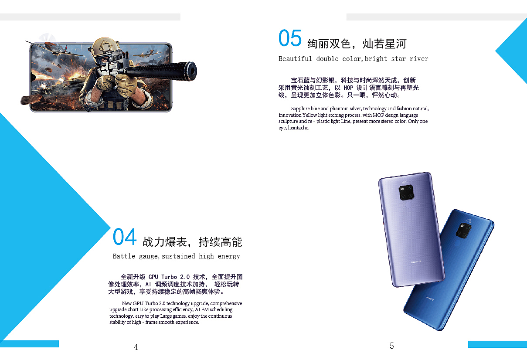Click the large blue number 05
(x=290, y=38)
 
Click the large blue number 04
(x=125, y=237)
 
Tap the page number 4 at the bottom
(x=136, y=347)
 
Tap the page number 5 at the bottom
(x=392, y=346)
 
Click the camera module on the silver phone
(x=407, y=192)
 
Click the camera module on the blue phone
(x=463, y=231)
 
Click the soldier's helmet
(x=105, y=48)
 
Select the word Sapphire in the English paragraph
(x=300, y=109)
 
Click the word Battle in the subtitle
(x=124, y=256)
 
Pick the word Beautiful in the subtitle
(x=295, y=58)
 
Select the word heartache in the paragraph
(x=298, y=128)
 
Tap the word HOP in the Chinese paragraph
(x=348, y=88)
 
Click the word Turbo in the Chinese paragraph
(x=169, y=277)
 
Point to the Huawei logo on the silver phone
(x=416, y=262)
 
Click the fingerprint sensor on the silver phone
(x=408, y=205)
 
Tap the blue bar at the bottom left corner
(x=29, y=344)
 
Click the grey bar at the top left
(x=90, y=17)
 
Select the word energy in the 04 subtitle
(x=229, y=256)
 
